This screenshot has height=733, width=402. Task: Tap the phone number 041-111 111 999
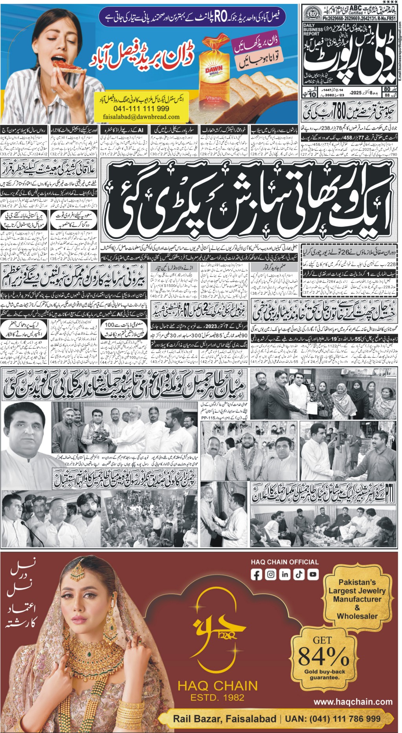pos(141,109)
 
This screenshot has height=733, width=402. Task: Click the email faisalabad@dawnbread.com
pos(141,117)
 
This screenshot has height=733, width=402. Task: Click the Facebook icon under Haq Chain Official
pos(256,575)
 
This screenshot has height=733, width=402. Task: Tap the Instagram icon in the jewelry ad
pos(270,575)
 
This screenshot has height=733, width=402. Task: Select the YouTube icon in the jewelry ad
pos(313,575)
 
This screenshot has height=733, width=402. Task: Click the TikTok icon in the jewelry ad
pos(299,575)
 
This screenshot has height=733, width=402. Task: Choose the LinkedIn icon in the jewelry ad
pos(285,575)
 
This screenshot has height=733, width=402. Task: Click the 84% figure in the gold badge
pos(323,656)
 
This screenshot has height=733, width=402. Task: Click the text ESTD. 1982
pos(217,697)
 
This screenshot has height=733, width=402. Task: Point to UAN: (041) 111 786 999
pos(333,719)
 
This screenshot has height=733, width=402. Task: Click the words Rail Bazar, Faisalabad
pos(224,719)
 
